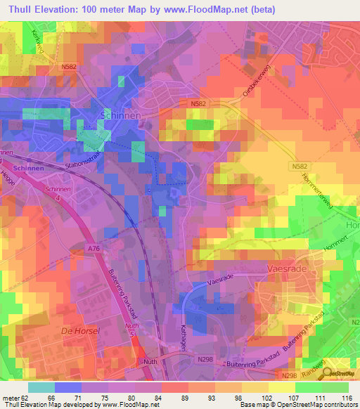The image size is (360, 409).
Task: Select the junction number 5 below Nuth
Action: [131, 335]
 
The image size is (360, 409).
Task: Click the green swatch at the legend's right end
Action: [336, 387]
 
